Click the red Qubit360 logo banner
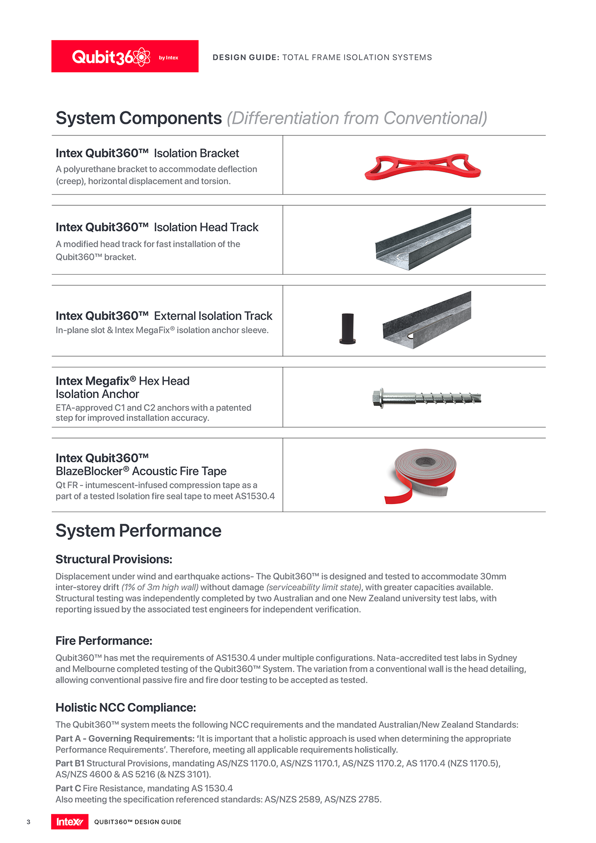pos(125,56)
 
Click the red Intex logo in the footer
pos(69,822)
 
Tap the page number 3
pos(28,822)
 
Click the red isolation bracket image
pos(422,166)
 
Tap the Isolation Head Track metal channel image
pos(423,239)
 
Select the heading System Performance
pos(138,531)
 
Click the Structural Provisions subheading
pos(114,559)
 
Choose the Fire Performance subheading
pos(104,641)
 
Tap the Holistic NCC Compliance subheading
pos(126,708)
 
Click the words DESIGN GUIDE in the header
pos(246,57)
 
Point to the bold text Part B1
pos(70,763)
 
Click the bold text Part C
pos(68,788)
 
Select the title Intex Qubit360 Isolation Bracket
pos(147,153)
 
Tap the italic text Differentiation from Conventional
pos(357,118)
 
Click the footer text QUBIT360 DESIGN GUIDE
pos(138,822)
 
